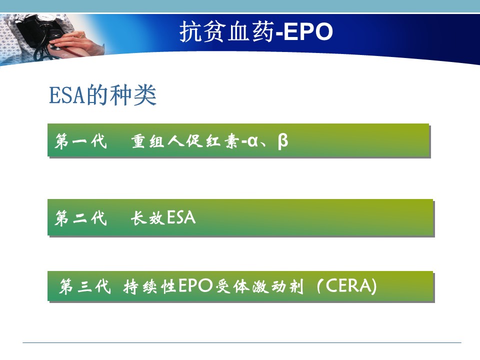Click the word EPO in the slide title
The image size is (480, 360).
[308, 31]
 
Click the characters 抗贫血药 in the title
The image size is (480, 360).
[226, 31]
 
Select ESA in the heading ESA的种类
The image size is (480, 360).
[67, 95]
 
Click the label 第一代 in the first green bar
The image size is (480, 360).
[81, 141]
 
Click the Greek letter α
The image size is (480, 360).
[253, 141]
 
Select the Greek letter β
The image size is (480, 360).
[283, 141]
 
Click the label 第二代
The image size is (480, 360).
[81, 218]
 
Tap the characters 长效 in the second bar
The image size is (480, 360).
[148, 218]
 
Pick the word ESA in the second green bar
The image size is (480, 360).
[181, 217]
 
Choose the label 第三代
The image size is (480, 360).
[85, 286]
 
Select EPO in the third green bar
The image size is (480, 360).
[195, 286]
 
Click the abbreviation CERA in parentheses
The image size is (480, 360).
[348, 286]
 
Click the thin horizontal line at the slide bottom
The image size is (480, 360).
[242, 342]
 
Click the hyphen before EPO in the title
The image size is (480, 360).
[279, 34]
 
